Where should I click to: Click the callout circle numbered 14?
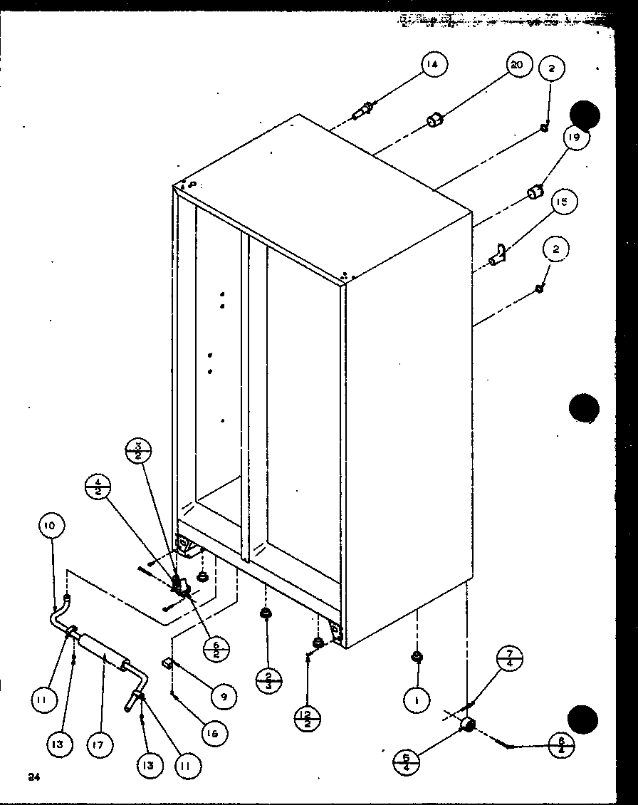pyautogui.click(x=432, y=66)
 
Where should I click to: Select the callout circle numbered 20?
pyautogui.click(x=517, y=65)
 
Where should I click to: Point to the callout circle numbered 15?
pyautogui.click(x=562, y=202)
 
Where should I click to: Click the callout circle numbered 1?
pyautogui.click(x=416, y=701)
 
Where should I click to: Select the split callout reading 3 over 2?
pyautogui.click(x=137, y=452)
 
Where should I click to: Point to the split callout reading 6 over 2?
pyautogui.click(x=214, y=649)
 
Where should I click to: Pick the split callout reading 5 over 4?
pyautogui.click(x=406, y=763)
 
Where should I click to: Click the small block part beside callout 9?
pyautogui.click(x=168, y=663)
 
